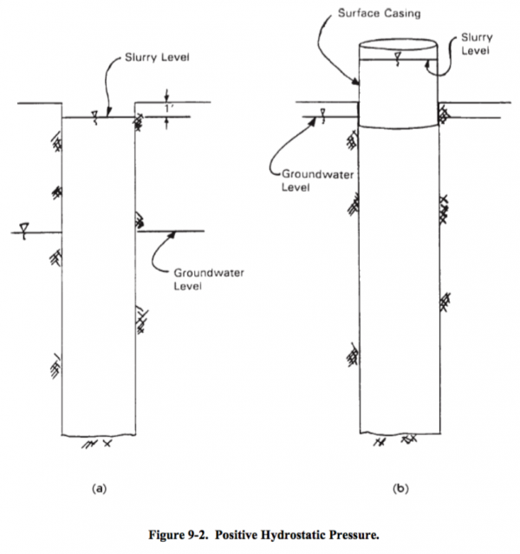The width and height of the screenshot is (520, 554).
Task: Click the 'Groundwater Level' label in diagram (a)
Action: [202, 279]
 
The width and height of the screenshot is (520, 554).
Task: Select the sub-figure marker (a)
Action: [99, 489]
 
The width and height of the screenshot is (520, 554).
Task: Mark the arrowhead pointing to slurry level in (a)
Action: [108, 114]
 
